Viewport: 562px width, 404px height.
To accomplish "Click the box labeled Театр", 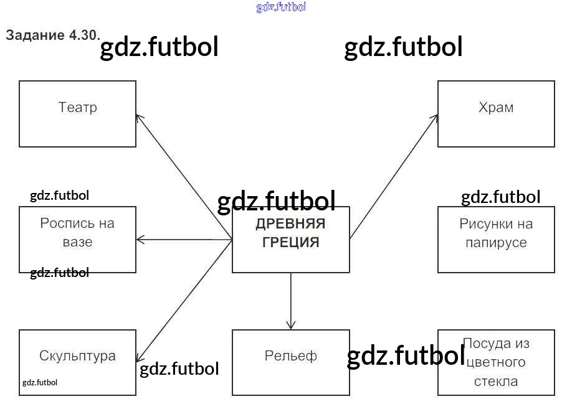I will click(x=77, y=114).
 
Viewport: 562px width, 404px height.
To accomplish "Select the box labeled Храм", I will click(x=496, y=114).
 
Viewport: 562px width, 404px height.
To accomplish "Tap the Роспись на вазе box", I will click(x=77, y=240).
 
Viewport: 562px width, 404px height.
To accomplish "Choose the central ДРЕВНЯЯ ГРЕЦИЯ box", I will click(x=290, y=240).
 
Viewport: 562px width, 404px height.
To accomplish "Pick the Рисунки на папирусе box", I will click(x=496, y=240).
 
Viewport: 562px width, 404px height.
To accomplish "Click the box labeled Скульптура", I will click(x=77, y=362).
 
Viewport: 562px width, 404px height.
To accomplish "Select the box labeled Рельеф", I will click(x=290, y=362).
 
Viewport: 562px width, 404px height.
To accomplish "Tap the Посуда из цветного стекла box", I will click(x=496, y=362).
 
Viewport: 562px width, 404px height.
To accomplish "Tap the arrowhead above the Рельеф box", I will click(x=290, y=325).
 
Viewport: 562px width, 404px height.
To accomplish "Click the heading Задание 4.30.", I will click(x=53, y=35).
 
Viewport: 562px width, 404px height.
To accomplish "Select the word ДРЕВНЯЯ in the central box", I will click(x=290, y=224).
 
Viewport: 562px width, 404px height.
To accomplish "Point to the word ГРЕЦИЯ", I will click(x=290, y=242).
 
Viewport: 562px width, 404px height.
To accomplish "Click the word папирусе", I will click(x=496, y=242).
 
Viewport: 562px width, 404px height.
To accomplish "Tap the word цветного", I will click(x=496, y=362).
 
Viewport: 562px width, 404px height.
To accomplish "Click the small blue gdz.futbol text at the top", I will click(x=281, y=7).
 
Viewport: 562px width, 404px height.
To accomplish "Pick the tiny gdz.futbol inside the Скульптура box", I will click(x=39, y=382).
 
